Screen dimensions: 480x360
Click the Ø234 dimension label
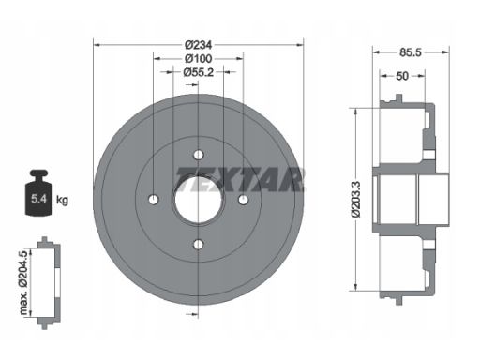tap(198, 45)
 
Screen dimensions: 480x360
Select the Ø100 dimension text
tap(198, 58)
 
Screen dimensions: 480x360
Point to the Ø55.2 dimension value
tap(199, 72)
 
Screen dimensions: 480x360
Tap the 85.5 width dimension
tap(410, 52)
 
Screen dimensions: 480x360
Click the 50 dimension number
tap(402, 76)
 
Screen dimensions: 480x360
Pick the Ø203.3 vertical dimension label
tap(356, 200)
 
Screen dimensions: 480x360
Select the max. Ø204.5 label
tap(23, 282)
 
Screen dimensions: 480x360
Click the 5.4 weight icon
tap(39, 192)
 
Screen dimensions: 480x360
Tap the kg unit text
tap(62, 200)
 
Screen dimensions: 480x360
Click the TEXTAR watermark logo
tap(240, 179)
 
